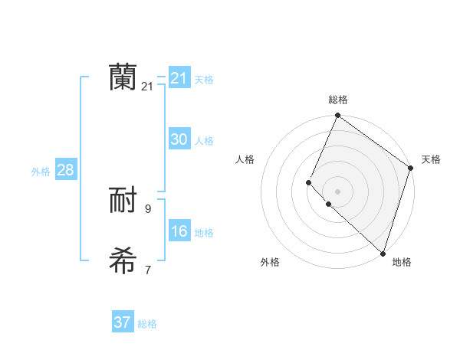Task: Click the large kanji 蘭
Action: pos(123,77)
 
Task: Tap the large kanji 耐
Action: pos(123,201)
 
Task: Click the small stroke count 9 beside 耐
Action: pos(147,208)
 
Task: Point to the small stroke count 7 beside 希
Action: pos(147,270)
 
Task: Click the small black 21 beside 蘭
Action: pos(147,87)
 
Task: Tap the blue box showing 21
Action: pos(179,77)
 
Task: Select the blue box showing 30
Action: pos(179,139)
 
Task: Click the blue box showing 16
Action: pos(179,231)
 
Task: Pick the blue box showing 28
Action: pos(65,170)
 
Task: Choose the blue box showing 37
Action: pos(123,322)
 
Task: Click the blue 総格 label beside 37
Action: pos(147,324)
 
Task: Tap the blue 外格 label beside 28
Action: pos(41,172)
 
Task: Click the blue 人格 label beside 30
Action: pos(204,141)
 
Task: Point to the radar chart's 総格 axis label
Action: pos(337,100)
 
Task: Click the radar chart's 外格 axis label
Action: pos(270,262)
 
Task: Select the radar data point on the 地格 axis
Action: pos(383,254)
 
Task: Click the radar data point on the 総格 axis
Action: pos(337,116)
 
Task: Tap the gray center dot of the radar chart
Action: pos(337,191)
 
